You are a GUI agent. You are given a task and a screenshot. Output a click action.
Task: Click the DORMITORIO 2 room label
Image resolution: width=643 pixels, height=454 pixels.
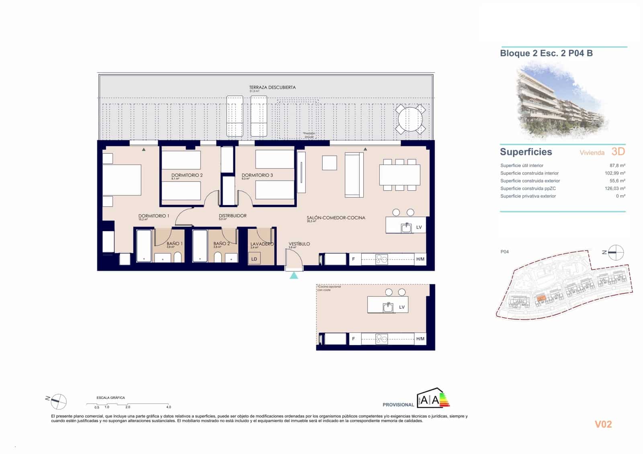[187, 175]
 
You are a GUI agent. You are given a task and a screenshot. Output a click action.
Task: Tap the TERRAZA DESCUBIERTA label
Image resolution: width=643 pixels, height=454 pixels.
[272, 87]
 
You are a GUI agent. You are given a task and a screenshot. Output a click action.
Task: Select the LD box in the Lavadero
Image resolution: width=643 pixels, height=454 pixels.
[254, 259]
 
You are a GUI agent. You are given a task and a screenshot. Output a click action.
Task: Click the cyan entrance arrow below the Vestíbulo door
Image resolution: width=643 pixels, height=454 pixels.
[294, 275]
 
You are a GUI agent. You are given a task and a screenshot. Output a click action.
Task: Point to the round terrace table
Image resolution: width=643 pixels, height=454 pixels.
[410, 119]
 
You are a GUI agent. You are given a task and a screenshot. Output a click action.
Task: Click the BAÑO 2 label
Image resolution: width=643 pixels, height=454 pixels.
[221, 244]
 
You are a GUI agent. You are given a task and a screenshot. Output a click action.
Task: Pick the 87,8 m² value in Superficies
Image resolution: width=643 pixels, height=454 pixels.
[617, 165]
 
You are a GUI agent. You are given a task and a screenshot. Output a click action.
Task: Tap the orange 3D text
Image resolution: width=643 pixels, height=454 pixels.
[618, 151]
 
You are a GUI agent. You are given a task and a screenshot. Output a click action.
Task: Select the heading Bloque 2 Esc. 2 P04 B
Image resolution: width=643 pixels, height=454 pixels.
[546, 53]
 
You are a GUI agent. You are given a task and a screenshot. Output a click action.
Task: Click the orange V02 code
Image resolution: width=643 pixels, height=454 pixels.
[603, 424]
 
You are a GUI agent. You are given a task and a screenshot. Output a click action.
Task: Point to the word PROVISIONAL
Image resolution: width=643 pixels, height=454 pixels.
[398, 405]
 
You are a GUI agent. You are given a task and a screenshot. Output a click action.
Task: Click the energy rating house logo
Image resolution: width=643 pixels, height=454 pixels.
[432, 398]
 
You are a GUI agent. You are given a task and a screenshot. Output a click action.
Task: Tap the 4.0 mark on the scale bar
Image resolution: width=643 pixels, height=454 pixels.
[169, 407]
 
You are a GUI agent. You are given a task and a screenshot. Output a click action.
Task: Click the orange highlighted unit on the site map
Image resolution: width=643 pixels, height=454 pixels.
[541, 298]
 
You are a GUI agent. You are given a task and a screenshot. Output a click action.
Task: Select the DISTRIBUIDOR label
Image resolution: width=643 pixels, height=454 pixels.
[232, 216]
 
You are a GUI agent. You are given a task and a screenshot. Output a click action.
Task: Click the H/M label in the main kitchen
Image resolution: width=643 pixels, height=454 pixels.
[420, 259]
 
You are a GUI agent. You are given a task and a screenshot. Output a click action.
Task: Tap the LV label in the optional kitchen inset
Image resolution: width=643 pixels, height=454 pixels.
[401, 307]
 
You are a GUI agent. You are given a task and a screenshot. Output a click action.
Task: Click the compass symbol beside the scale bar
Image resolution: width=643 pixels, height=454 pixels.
[58, 401]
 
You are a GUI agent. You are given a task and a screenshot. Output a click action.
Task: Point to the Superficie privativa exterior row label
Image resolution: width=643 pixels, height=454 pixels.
[528, 196]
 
